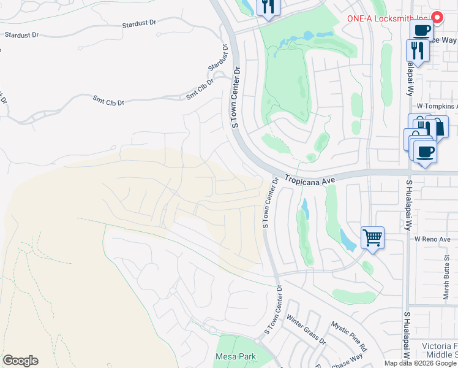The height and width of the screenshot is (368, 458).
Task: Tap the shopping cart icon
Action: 372,237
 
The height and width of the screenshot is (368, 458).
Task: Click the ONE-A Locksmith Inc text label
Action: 388,18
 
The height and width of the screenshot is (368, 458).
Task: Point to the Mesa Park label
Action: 235,356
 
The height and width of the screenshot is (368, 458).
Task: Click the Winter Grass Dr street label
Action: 306,329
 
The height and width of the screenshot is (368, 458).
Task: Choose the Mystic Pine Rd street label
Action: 349,336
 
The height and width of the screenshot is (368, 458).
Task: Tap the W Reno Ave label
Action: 432,239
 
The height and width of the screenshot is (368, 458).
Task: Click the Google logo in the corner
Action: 20,361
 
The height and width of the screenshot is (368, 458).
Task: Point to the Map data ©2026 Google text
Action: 420,363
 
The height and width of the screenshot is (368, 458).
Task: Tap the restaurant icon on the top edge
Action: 268,7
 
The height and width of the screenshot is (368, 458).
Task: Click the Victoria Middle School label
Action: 440,350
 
